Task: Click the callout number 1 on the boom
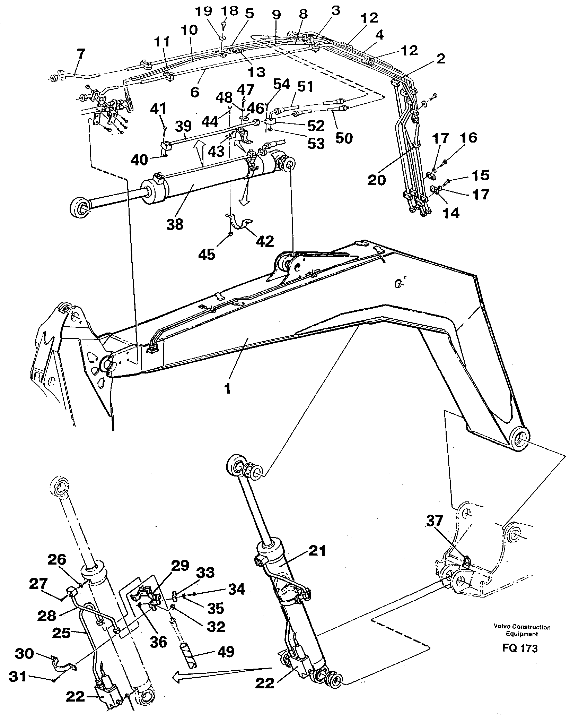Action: point(227,389)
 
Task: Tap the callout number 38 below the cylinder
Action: point(175,224)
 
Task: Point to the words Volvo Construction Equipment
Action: point(522,630)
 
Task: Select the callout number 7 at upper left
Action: point(80,54)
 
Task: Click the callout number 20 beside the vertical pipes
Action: point(377,180)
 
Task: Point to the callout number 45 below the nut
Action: point(207,254)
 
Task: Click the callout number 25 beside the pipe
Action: point(61,633)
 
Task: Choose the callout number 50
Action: point(344,138)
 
